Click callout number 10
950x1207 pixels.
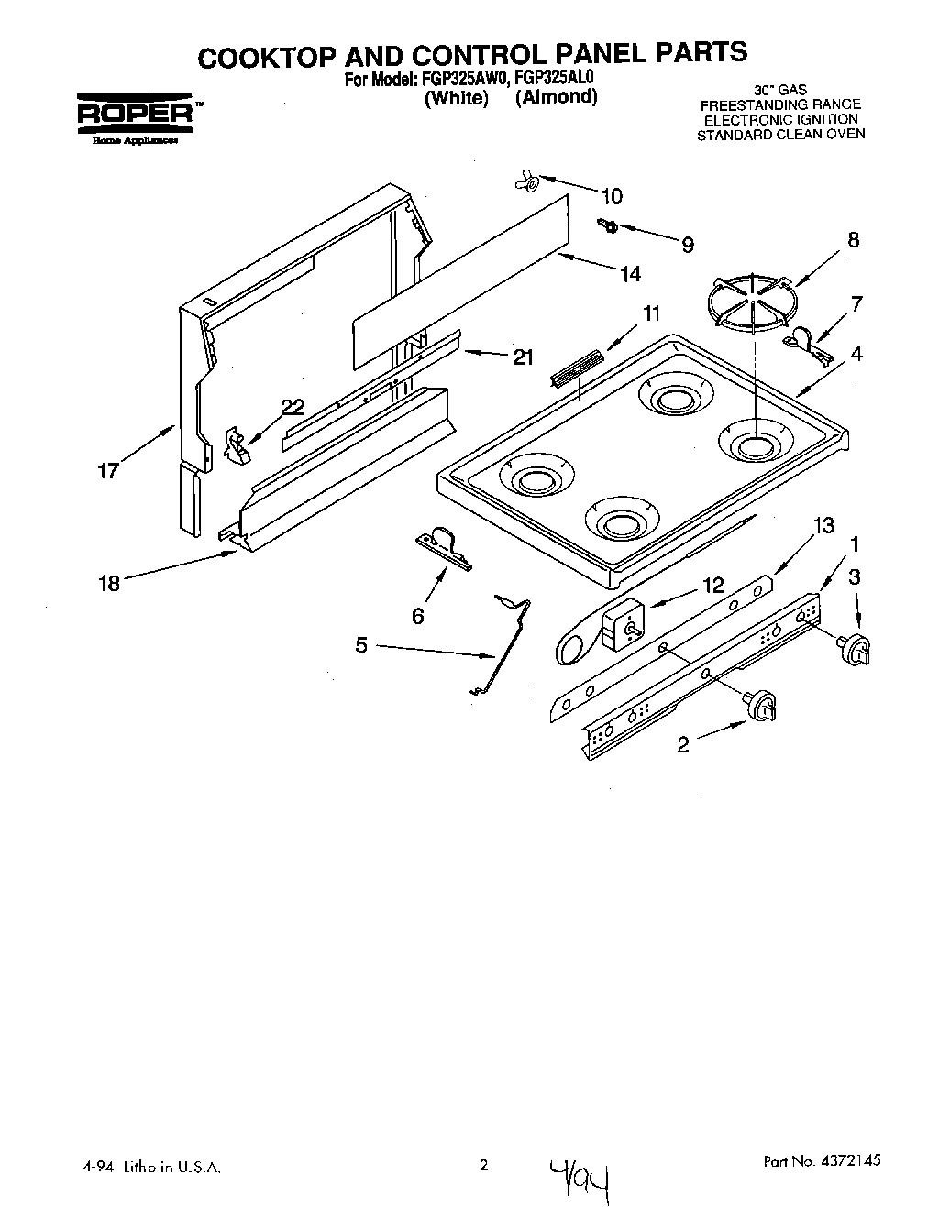click(x=611, y=196)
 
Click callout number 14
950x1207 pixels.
click(x=629, y=273)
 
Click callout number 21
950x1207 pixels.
click(x=523, y=357)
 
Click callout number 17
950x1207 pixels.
click(x=108, y=472)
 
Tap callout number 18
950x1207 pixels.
click(x=109, y=583)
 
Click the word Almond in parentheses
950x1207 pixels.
click(x=556, y=97)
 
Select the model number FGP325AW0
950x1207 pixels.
click(x=447, y=80)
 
